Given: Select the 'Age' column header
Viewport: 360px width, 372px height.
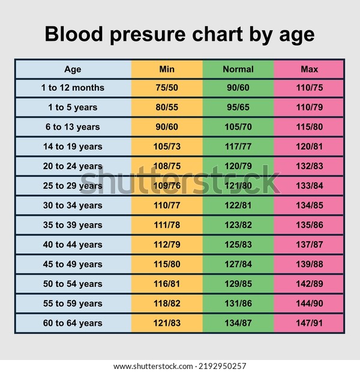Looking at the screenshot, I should point(73,69).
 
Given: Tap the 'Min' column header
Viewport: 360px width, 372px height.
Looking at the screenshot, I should point(167,69).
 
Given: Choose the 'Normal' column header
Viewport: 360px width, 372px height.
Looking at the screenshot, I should point(238,69).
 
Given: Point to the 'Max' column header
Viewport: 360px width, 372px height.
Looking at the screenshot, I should point(309,69).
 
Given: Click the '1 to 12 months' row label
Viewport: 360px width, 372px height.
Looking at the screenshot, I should point(73,88).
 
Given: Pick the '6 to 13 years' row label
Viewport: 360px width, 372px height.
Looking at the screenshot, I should point(73,127).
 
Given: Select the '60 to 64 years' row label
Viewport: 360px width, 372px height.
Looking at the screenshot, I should point(73,323).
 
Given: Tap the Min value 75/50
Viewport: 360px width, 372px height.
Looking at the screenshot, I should point(167,88).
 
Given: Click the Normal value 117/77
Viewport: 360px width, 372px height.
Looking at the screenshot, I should point(238,146).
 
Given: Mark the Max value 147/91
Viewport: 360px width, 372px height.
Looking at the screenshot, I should point(309,323).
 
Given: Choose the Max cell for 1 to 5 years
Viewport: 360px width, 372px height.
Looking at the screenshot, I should point(309,107).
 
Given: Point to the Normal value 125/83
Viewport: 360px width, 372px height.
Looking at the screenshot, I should point(238,245).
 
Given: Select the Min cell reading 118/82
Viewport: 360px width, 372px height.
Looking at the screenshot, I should point(167,304).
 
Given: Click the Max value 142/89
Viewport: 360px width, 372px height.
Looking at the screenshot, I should point(309,284).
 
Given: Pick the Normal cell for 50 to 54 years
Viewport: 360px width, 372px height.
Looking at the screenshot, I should point(238,284).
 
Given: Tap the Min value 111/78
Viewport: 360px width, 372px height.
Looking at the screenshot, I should point(167,225).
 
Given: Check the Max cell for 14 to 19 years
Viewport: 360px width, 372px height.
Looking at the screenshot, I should point(309,146).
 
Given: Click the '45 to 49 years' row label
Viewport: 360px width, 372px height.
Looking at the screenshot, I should point(73,265).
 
